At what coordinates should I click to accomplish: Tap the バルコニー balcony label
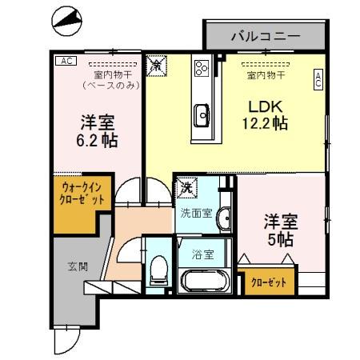(x=265, y=36)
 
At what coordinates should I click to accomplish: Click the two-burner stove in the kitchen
(x=201, y=67)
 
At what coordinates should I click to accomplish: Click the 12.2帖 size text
(x=266, y=123)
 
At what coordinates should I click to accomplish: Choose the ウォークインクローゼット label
(x=82, y=193)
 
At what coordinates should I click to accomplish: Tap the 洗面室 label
(x=195, y=214)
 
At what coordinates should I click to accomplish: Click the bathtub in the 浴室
(x=206, y=282)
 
